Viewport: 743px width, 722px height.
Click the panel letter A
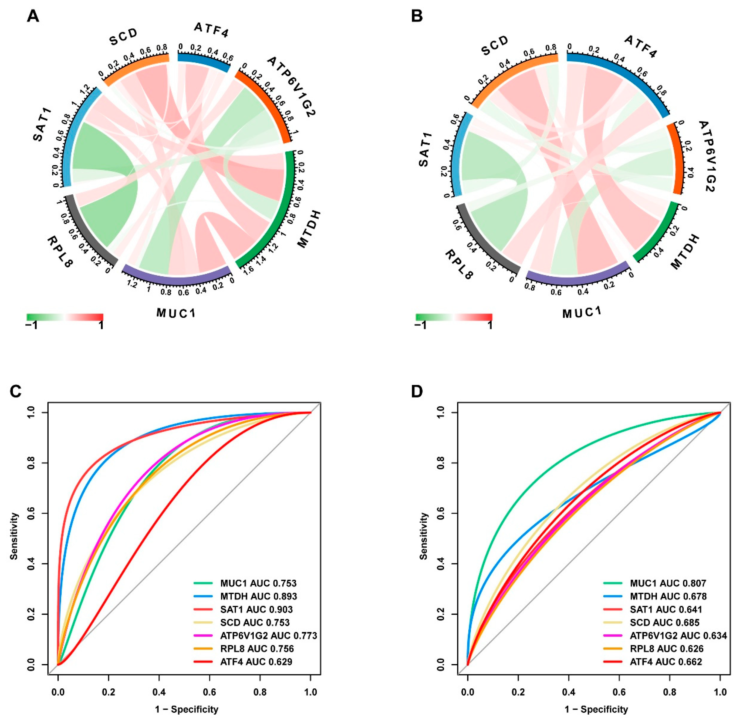tap(33, 17)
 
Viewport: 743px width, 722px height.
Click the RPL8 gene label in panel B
tap(459, 264)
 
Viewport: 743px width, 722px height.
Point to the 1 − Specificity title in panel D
tap(596, 709)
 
